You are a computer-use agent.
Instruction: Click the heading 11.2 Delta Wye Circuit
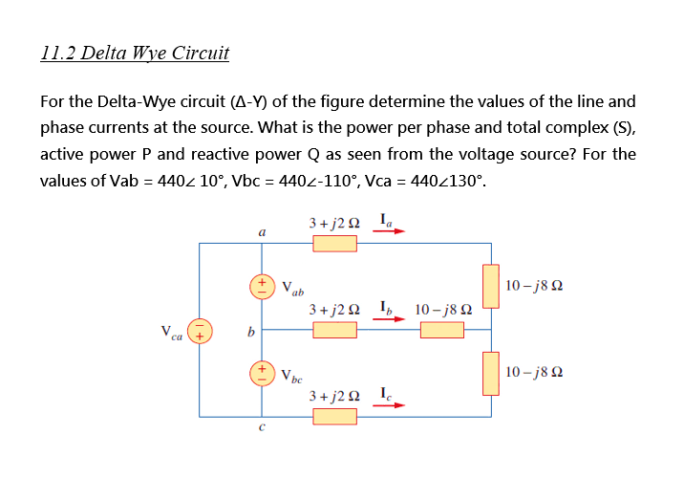click(x=136, y=53)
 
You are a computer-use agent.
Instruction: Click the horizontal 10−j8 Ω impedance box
click(x=442, y=329)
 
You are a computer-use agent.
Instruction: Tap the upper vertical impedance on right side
click(x=492, y=287)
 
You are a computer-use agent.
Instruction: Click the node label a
click(x=261, y=232)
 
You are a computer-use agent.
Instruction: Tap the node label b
click(x=250, y=333)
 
